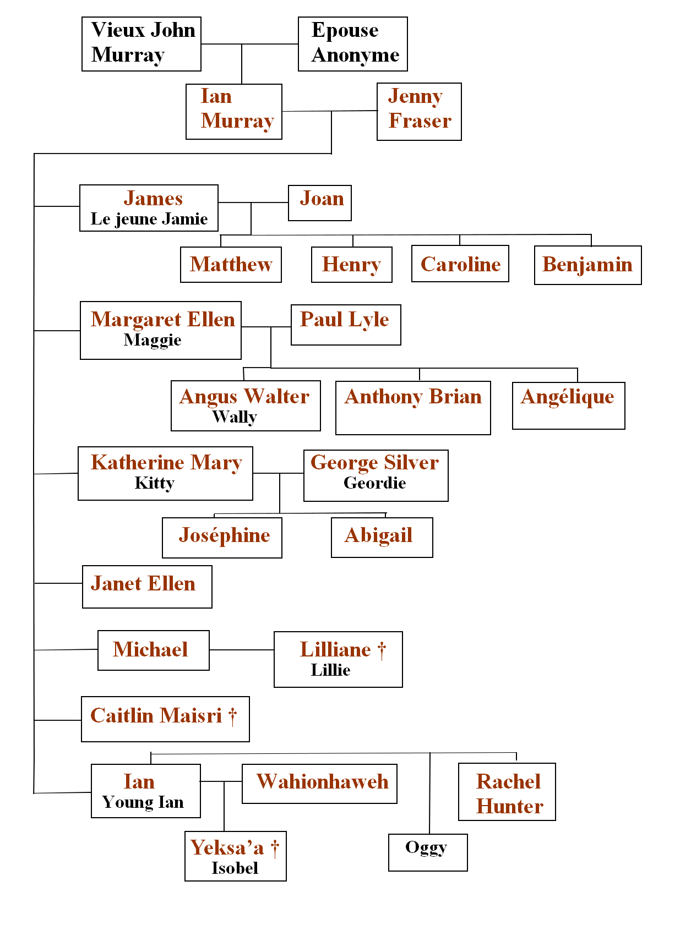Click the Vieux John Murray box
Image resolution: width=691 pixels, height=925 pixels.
142,44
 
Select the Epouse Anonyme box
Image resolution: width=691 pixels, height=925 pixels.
352,44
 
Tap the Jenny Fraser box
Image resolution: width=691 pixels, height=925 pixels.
419,112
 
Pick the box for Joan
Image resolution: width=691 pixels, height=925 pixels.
320,203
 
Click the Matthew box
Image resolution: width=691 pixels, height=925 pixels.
231,265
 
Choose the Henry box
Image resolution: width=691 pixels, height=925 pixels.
351,265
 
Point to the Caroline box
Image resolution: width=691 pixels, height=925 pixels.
460,264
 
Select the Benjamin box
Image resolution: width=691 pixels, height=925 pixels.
587,265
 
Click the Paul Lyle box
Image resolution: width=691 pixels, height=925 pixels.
346,325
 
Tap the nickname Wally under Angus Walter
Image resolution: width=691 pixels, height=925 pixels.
235,417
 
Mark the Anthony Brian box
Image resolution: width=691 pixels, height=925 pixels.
413,408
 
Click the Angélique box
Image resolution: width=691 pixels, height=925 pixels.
568,406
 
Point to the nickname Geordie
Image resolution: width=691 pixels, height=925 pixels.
375,483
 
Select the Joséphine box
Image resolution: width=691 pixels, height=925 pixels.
222,538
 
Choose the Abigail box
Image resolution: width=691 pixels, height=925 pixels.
382,538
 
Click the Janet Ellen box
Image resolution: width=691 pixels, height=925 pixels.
147,587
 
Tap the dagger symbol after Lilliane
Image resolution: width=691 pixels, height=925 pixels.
382,651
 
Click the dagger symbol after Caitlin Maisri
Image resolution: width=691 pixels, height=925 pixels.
233,716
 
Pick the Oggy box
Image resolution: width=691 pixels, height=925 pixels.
428,852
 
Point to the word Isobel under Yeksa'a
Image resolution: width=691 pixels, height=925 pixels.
235,868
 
